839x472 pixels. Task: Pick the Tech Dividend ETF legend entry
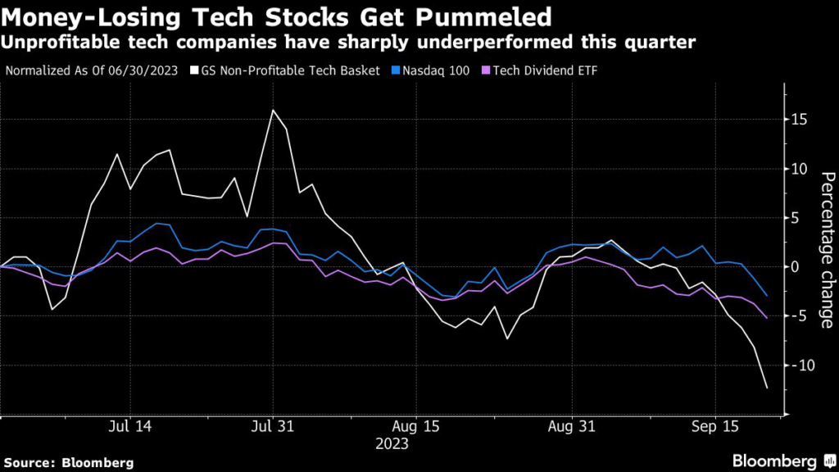(543, 70)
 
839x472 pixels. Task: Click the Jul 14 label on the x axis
(129, 428)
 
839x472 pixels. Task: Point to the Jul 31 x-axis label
(272, 428)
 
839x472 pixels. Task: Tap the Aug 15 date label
(416, 428)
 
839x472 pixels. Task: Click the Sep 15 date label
(715, 428)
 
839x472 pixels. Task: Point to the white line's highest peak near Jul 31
(272, 110)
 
